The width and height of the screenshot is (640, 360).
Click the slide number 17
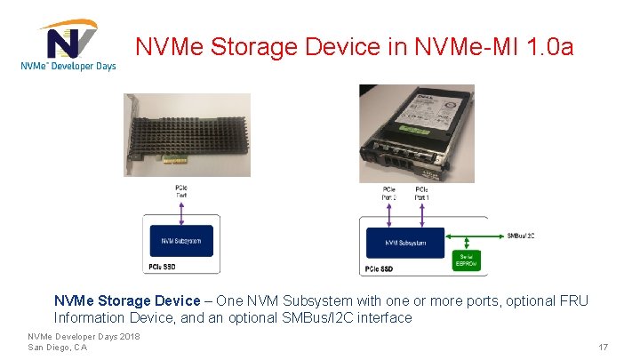[603, 347]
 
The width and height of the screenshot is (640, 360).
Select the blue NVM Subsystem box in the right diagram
[404, 242]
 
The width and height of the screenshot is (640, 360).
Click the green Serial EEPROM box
[467, 259]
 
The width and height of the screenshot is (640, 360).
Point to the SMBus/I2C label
[520, 236]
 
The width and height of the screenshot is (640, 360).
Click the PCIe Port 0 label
[389, 192]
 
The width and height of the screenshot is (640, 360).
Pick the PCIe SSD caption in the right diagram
[379, 268]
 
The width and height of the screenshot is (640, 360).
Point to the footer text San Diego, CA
[58, 347]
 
